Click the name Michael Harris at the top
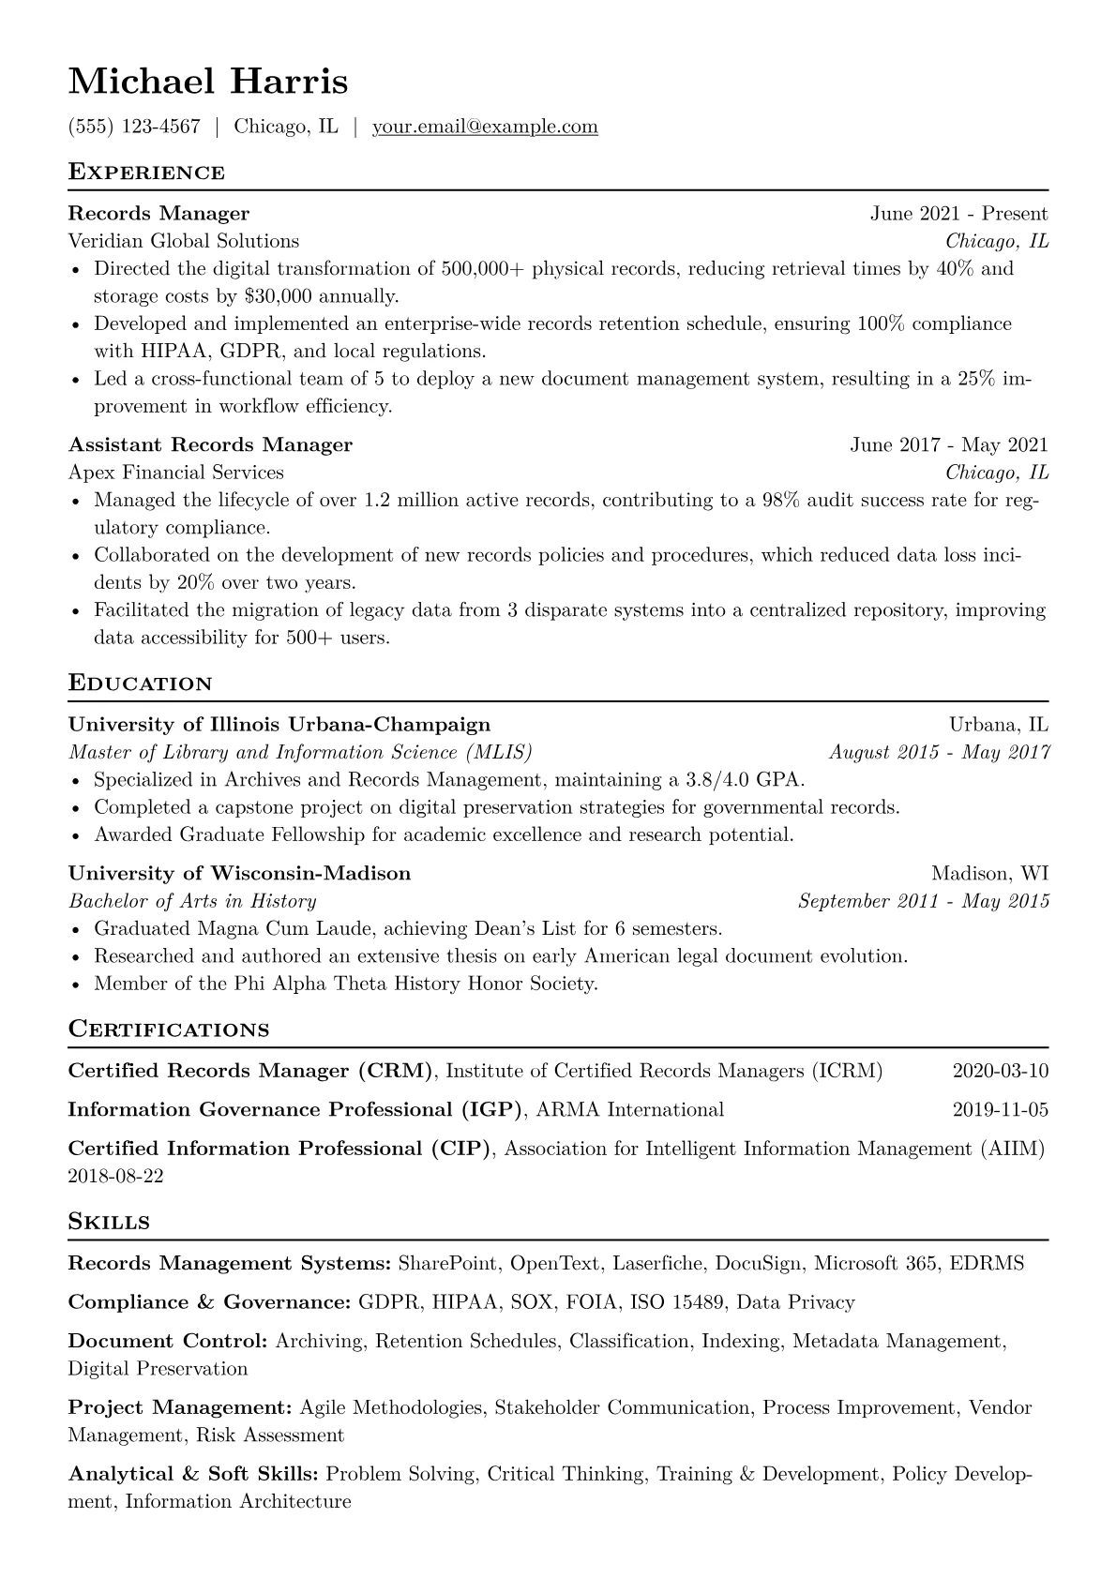tap(208, 83)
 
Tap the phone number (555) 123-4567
tap(134, 127)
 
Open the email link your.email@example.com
tap(485, 127)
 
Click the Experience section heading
tap(146, 173)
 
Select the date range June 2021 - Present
tap(958, 214)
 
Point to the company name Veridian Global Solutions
tap(184, 241)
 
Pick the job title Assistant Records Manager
tap(210, 444)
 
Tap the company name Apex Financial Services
tap(176, 473)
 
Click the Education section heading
tap(141, 684)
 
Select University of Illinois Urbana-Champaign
tap(279, 725)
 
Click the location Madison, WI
tap(989, 874)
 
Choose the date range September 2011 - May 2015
tap(923, 902)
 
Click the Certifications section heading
tap(169, 1029)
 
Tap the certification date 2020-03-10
tap(1000, 1071)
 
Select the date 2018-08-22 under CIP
tap(116, 1176)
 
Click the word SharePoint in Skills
tap(447, 1264)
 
